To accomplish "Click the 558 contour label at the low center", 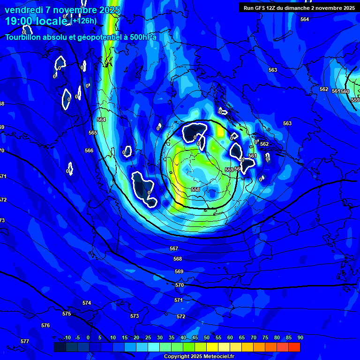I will [195, 189].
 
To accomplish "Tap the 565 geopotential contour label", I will [93, 133].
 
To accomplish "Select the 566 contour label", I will [89, 151].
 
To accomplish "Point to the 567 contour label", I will [174, 248].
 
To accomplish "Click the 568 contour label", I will [178, 259].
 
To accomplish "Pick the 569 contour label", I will [179, 272].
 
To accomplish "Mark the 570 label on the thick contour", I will [180, 285].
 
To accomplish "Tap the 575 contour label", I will [67, 314].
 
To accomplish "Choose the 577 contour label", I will [25, 341].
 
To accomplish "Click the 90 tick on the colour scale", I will [300, 338].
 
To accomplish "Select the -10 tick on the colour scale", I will [67, 338].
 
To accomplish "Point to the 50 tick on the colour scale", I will [207, 338].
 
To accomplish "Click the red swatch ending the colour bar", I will [294, 347].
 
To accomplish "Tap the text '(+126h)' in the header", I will [84, 21].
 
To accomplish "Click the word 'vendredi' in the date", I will [22, 10].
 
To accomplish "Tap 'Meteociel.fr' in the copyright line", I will [216, 357].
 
